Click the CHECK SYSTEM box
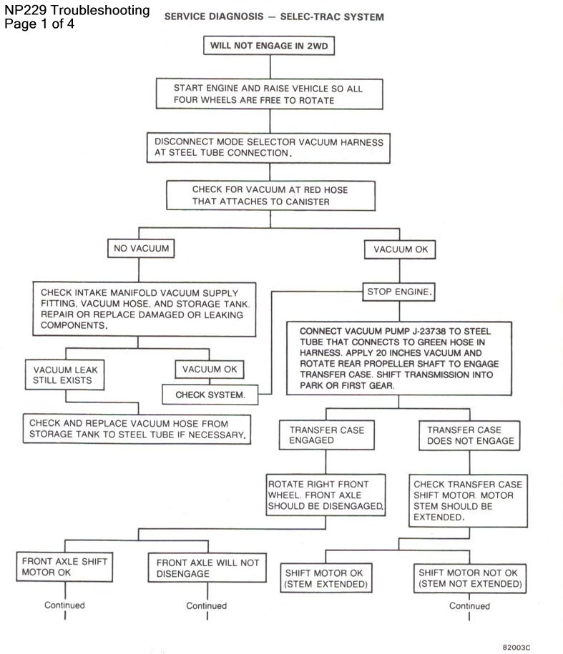210,395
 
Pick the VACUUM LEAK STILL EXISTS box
66,375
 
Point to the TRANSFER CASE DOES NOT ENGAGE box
469,436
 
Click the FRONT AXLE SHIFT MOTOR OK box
64,567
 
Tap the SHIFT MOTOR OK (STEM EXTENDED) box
326,579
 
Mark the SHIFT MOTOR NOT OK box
469,579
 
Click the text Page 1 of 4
39,24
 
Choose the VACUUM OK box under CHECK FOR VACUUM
403,249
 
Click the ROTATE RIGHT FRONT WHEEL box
326,495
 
